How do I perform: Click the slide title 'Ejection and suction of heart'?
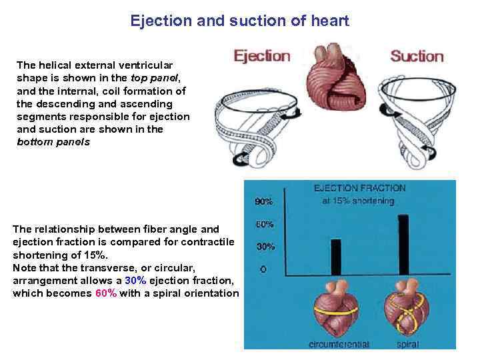point(239,21)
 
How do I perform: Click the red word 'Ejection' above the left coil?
point(262,56)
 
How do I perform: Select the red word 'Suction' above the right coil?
point(417,56)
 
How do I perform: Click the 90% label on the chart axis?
point(264,201)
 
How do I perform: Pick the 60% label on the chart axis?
point(265,225)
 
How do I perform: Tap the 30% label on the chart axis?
point(265,247)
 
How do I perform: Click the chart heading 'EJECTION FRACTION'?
point(359,189)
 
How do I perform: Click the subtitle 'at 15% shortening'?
point(360,200)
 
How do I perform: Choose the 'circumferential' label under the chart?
point(339,345)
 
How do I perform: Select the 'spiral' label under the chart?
point(407,345)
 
